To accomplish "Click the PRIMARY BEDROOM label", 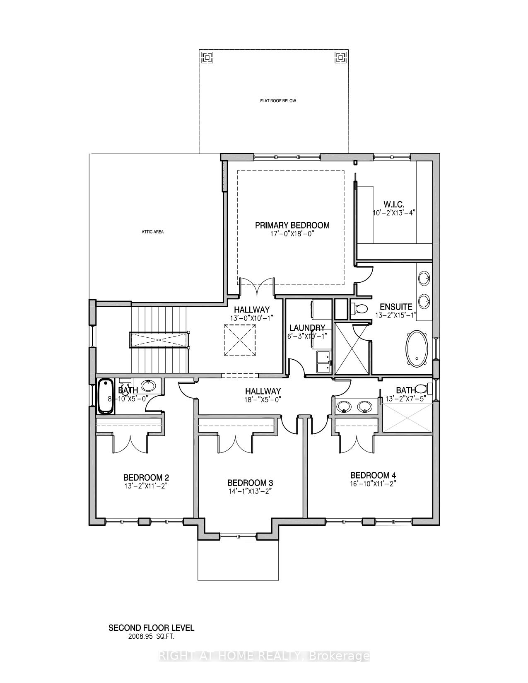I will (x=292, y=225).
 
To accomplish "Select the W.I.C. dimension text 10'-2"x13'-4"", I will (x=393, y=212).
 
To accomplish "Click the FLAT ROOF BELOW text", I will (x=278, y=101).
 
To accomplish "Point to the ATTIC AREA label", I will (x=152, y=232).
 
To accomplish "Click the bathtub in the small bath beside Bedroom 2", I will (x=106, y=396).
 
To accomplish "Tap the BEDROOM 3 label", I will (x=250, y=483).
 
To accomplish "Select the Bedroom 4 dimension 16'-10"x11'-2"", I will (x=370, y=483).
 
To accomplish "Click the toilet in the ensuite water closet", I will (x=359, y=308).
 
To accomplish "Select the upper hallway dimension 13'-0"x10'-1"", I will (x=251, y=318).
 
